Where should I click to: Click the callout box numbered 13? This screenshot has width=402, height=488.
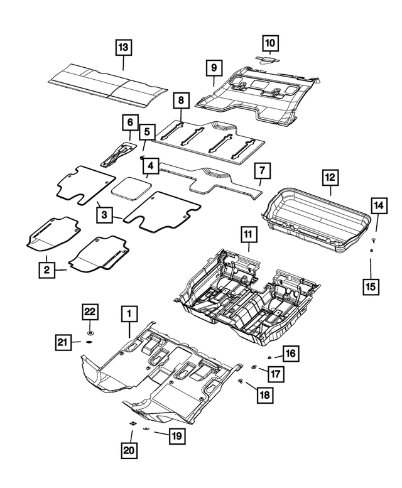point(123,47)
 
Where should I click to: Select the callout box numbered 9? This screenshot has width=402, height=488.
point(214,67)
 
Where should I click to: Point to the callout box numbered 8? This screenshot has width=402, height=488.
point(181,100)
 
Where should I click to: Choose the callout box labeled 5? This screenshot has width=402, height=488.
point(146,132)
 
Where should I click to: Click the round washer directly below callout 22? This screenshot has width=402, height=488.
point(90,331)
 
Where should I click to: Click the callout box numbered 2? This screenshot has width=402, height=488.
point(45,270)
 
